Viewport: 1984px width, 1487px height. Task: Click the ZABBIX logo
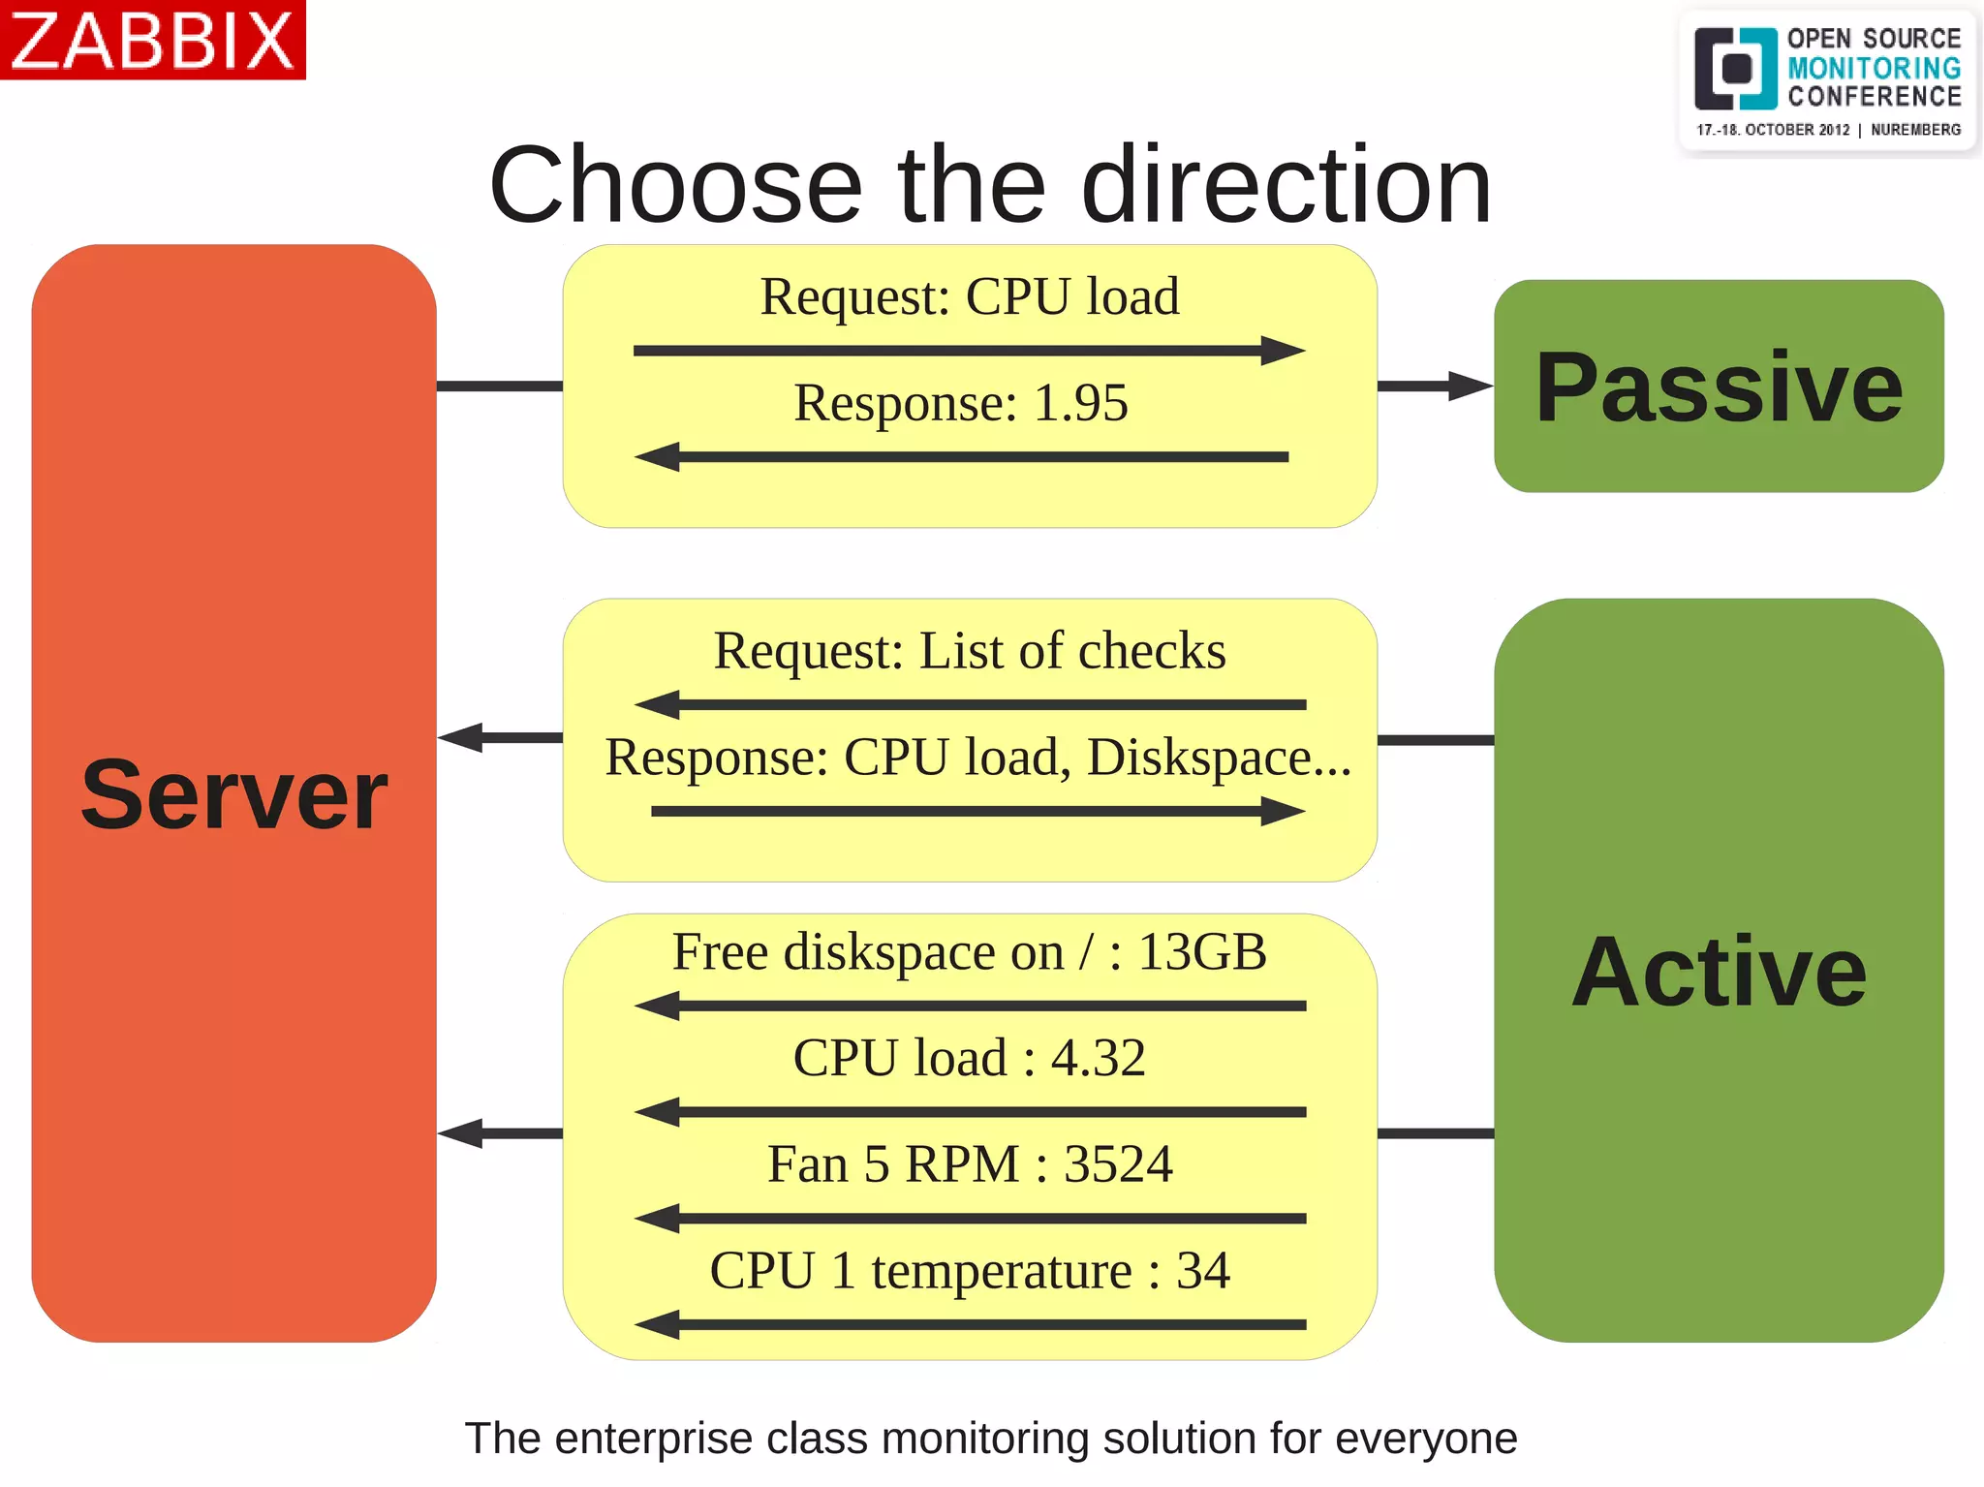152,40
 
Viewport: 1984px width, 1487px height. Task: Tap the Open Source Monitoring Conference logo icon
1734,69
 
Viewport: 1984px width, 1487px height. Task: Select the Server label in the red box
233,795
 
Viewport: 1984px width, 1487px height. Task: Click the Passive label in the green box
1719,387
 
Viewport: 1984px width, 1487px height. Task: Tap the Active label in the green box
1719,972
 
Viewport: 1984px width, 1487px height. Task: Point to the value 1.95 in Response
1080,403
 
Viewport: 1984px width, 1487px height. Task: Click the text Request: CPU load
969,296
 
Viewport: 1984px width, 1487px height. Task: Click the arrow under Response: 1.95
961,456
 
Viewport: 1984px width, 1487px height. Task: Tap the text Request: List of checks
969,651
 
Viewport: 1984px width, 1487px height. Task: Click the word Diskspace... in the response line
1219,758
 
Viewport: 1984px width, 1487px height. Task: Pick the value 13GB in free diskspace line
1201,952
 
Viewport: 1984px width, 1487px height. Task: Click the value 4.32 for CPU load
1098,1058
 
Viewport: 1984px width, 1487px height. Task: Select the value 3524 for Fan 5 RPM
1118,1164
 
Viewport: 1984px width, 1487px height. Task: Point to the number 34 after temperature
1202,1271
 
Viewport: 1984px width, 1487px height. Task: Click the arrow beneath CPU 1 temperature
969,1324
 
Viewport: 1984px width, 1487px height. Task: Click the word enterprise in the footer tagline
654,1439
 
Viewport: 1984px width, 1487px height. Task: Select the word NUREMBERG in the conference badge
1915,130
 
